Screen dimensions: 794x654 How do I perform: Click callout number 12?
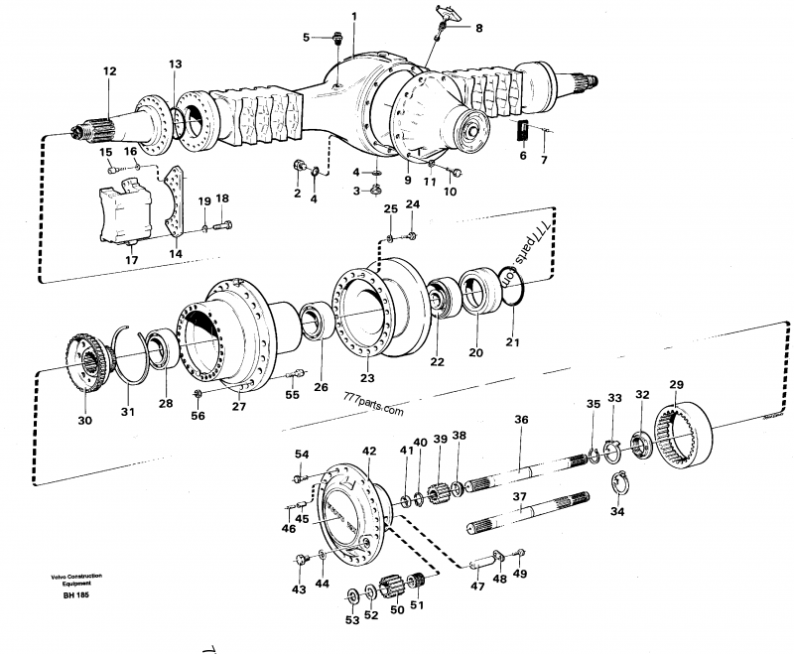(x=109, y=71)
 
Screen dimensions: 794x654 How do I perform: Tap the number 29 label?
(x=677, y=385)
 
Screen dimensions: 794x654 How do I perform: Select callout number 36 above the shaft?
(x=521, y=420)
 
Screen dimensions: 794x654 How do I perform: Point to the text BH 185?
(x=76, y=595)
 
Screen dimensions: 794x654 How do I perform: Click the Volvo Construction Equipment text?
(x=76, y=580)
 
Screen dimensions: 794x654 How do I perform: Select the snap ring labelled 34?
(x=619, y=486)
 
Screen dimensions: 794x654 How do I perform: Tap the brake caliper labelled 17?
(x=126, y=210)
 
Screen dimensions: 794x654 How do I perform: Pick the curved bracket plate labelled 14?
(x=177, y=201)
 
